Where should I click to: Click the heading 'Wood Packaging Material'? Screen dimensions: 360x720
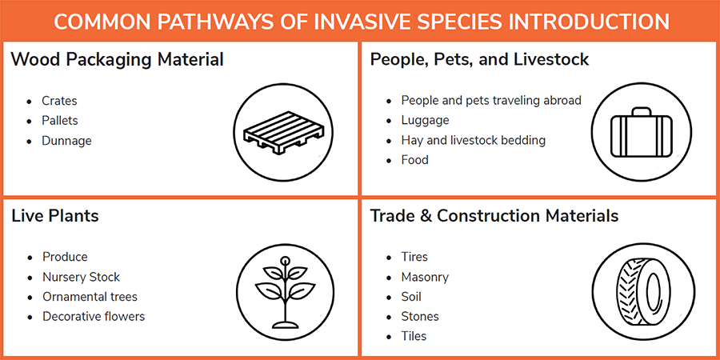(117, 59)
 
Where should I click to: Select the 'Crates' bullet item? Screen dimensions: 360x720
(59, 101)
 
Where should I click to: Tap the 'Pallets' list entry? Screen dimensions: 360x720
(60, 121)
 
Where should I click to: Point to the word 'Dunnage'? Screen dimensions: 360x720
(66, 141)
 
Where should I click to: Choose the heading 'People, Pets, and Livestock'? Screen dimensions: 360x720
(479, 59)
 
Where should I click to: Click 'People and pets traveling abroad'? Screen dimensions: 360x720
(490, 101)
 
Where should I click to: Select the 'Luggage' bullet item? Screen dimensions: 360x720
(425, 121)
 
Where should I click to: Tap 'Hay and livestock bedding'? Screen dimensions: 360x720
(473, 141)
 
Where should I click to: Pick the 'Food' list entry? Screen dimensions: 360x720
(414, 160)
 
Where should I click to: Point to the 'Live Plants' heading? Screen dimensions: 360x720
(55, 216)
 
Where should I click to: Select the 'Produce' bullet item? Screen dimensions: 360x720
(65, 257)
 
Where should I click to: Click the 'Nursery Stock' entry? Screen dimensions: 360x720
(81, 277)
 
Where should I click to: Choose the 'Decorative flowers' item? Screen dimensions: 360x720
(94, 317)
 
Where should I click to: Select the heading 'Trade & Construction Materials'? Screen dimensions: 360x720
(494, 216)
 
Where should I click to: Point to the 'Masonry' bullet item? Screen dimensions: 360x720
(425, 277)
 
